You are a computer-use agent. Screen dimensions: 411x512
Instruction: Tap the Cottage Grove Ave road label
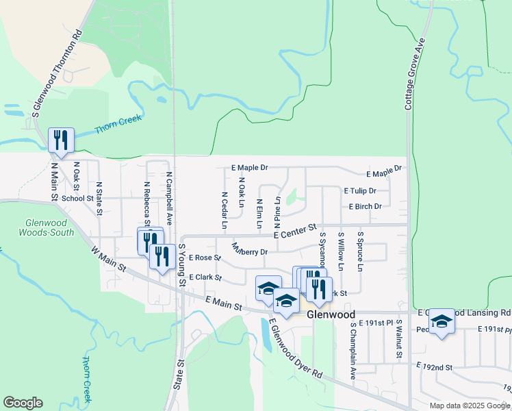click(x=415, y=74)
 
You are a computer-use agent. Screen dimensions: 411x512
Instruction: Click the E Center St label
click(x=296, y=230)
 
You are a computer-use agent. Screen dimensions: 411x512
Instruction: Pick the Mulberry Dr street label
click(x=249, y=250)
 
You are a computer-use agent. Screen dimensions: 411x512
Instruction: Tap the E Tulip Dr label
click(x=360, y=191)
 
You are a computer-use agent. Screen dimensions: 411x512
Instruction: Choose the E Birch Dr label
click(x=365, y=206)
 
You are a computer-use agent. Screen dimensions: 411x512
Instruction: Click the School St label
click(x=77, y=199)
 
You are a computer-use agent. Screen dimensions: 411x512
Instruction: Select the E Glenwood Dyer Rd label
click(x=295, y=349)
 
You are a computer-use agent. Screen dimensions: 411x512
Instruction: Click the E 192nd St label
click(x=435, y=367)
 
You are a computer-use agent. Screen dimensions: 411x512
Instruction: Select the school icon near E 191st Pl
click(x=442, y=321)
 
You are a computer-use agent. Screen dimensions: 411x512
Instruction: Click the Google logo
click(x=23, y=403)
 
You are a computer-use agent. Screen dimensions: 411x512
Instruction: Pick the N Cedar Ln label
click(x=225, y=210)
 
